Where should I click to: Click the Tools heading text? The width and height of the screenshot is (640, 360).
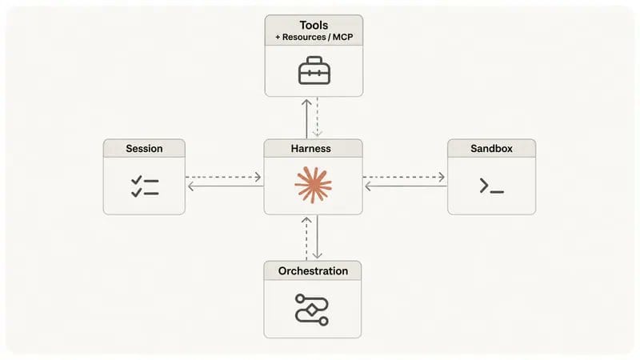click(314, 26)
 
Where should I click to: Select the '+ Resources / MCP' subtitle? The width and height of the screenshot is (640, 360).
click(314, 37)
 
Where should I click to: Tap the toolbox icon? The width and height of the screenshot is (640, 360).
click(314, 70)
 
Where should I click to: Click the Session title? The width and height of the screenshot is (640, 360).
click(144, 149)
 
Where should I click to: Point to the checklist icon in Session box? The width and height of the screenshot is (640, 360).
click(145, 186)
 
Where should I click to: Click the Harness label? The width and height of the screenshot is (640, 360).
click(310, 149)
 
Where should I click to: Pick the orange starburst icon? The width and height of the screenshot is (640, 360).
click(313, 186)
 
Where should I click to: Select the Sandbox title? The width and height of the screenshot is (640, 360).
click(491, 149)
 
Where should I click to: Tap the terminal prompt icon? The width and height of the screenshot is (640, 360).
click(492, 186)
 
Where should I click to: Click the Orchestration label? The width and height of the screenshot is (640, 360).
click(313, 271)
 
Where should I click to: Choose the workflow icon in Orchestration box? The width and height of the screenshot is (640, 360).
click(312, 310)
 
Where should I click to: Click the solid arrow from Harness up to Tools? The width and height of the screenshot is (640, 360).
click(306, 118)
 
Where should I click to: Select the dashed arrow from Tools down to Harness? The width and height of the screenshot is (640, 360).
click(318, 117)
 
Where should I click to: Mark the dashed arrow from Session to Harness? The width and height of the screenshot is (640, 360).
click(223, 177)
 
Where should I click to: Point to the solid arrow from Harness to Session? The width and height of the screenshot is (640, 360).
click(226, 186)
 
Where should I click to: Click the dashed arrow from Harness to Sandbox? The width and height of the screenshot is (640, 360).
click(404, 177)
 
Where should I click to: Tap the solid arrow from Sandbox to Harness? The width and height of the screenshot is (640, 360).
click(406, 186)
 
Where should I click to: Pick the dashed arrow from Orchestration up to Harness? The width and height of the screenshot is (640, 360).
click(306, 238)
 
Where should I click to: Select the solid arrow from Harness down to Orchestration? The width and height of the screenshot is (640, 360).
click(317, 237)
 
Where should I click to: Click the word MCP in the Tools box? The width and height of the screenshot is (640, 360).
click(343, 37)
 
